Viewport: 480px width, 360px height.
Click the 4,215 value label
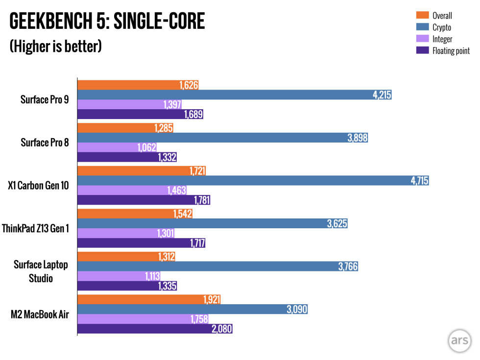pos(382,95)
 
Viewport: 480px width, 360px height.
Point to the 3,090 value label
pos(297,309)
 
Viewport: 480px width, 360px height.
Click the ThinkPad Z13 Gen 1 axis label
pos(36,228)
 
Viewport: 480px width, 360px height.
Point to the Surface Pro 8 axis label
pos(45,143)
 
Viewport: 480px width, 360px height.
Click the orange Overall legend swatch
pos(422,15)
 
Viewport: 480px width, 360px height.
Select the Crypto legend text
pos(442,27)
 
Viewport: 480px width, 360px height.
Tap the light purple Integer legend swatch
pos(422,39)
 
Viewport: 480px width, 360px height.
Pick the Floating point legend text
pos(451,51)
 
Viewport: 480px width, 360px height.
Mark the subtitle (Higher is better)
pos(55,47)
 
